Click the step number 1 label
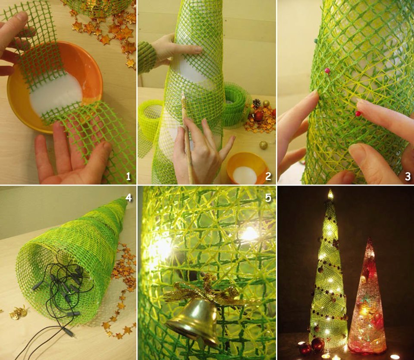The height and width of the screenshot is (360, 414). [x=129, y=176]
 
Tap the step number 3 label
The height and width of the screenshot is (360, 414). [x=408, y=176]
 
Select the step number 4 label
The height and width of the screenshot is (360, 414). [x=129, y=197]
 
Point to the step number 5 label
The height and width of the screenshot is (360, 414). [x=268, y=198]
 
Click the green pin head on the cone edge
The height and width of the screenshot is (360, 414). [x=316, y=41]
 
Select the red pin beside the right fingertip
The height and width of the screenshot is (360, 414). [x=358, y=114]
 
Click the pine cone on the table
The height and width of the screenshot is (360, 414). [x=256, y=103]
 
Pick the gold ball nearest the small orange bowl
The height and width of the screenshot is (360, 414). [x=263, y=145]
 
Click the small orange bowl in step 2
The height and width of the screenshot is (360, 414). [x=247, y=168]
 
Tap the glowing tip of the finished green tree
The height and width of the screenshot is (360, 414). [x=330, y=194]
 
